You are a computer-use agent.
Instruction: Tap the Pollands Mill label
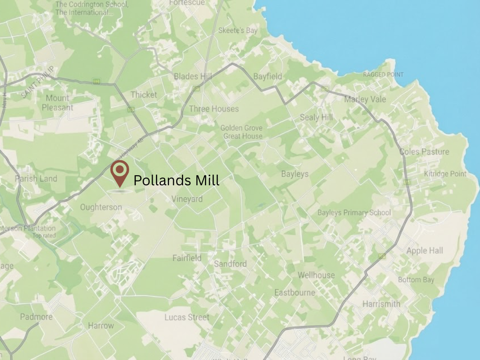tap(176, 180)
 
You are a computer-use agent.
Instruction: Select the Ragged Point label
tap(383, 75)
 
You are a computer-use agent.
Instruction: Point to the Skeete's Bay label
tap(238, 30)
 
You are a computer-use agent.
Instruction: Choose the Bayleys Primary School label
tap(354, 213)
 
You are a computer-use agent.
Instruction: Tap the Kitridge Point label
tap(445, 174)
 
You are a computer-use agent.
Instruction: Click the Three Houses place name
tap(214, 109)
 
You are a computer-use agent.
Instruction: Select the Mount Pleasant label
tap(57, 103)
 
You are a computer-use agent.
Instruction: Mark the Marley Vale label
tap(365, 99)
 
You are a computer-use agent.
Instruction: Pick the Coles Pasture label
tap(424, 152)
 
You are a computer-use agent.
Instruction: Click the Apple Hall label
tap(424, 251)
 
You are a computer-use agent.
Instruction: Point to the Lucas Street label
tap(187, 317)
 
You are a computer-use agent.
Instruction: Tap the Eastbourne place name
tap(295, 292)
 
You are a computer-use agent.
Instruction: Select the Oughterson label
tap(101, 207)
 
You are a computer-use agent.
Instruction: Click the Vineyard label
tap(187, 199)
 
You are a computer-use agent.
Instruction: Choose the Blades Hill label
tap(192, 76)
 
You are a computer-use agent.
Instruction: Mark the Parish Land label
tap(36, 179)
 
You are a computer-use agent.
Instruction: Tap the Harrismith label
tap(381, 304)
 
